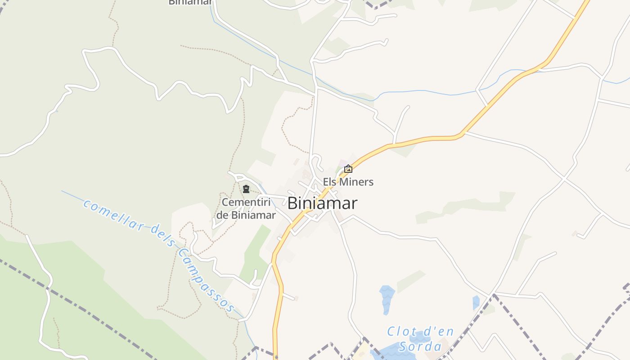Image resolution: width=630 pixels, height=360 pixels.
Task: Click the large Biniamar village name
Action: (322, 203)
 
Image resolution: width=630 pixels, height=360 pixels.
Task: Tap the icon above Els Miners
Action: (348, 169)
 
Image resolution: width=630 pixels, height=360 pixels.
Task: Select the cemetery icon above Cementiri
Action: (246, 189)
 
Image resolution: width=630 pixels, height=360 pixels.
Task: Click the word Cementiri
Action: (249, 202)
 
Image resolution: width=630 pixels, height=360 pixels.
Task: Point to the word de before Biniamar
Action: (223, 215)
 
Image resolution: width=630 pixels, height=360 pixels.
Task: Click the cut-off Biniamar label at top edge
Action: (190, 2)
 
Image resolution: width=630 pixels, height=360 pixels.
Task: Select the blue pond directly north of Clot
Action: (387, 297)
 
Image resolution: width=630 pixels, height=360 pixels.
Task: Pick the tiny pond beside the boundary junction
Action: (476, 302)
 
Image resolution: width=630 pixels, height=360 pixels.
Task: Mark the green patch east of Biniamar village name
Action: (468, 206)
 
